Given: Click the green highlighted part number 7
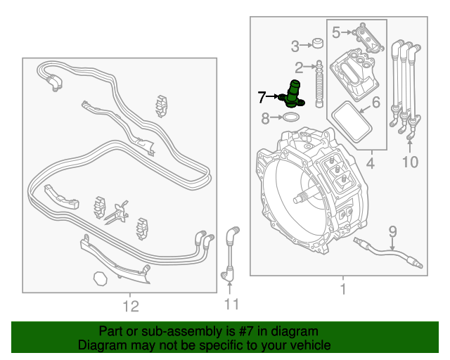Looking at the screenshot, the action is [x=292, y=95].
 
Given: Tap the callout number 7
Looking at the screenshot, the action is [x=262, y=97].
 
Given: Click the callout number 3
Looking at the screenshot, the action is [x=295, y=46].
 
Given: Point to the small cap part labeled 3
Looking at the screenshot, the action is [x=318, y=43].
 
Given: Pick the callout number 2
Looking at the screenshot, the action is [x=299, y=67].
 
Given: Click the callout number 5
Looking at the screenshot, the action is [x=336, y=32].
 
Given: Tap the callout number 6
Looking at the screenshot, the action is [x=376, y=102].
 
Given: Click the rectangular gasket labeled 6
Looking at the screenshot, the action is [x=352, y=122].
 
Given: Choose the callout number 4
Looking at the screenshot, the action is [x=371, y=163].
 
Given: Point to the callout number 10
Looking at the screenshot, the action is [x=411, y=162].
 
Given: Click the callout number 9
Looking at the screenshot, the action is [x=392, y=232].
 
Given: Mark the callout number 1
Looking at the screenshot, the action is [x=343, y=289].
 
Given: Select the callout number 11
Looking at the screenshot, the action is [x=231, y=304].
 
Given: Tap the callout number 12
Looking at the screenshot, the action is [x=131, y=306].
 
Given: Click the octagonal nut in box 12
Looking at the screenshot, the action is [x=101, y=278].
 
